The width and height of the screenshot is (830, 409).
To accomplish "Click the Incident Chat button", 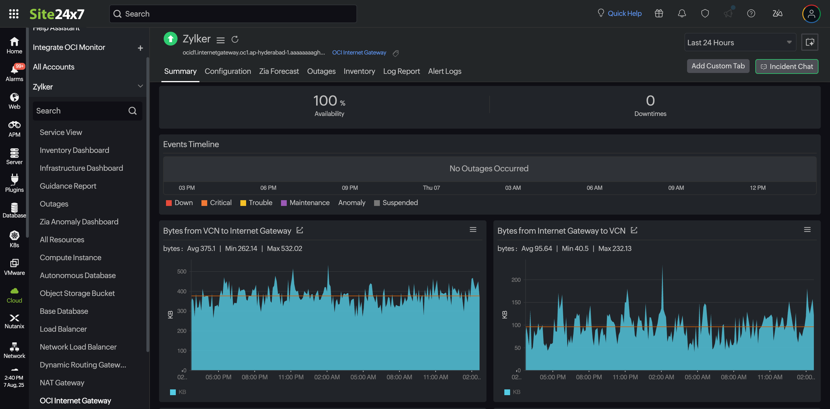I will tap(786, 66).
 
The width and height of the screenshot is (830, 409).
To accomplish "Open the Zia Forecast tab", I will tap(279, 71).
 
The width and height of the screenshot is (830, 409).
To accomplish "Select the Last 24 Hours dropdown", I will tap(740, 43).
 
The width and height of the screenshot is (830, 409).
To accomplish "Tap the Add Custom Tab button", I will tap(718, 66).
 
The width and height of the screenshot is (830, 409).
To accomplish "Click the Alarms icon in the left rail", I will tap(14, 73).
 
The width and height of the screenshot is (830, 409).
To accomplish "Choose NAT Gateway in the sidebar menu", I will tap(62, 382).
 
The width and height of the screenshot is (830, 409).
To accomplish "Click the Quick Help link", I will tap(624, 14).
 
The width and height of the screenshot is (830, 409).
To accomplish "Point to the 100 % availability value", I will tap(329, 101).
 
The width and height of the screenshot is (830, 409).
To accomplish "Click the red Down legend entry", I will tap(180, 203).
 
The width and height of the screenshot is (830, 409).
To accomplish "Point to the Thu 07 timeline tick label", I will tap(431, 188).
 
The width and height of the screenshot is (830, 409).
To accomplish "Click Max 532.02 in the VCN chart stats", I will tap(284, 248).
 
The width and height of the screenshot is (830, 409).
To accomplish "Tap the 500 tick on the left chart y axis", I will tap(182, 272).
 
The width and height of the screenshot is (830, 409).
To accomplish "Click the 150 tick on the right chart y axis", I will tap(516, 302).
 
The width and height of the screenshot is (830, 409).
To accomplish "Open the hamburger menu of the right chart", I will tap(807, 230).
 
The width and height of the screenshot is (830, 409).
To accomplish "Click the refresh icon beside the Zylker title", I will tap(235, 39).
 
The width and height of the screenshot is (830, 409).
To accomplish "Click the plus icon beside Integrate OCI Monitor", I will tap(140, 48).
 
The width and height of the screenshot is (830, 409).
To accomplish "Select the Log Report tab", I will tap(401, 71).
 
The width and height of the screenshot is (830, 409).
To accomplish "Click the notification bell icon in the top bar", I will tap(682, 14).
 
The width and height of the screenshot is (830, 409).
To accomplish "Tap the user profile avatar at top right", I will tap(811, 14).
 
